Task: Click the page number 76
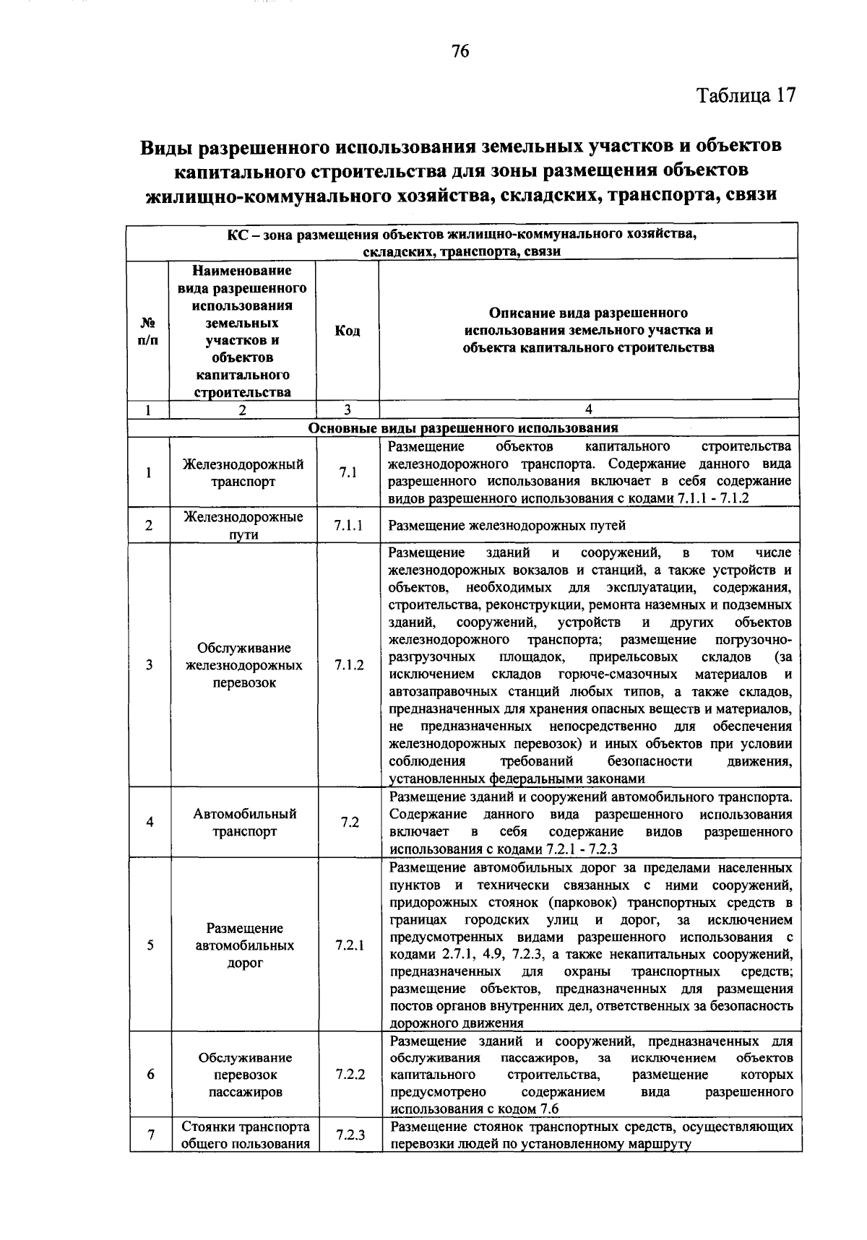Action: (x=460, y=51)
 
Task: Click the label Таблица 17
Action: (x=746, y=96)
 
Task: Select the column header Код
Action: (x=347, y=331)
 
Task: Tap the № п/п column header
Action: (x=148, y=331)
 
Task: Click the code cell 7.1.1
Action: (x=348, y=526)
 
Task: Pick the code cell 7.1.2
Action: (x=348, y=665)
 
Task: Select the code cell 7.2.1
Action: (x=350, y=945)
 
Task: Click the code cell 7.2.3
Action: (x=350, y=1135)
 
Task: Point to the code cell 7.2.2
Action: (x=350, y=1074)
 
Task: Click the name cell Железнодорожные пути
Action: (x=243, y=526)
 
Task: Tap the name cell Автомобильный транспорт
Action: (x=244, y=822)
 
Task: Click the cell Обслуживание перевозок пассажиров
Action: (x=245, y=1074)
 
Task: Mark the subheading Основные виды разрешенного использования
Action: (x=463, y=428)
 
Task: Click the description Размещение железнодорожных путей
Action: (x=506, y=526)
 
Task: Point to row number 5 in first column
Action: (x=150, y=945)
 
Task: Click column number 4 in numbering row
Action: (x=588, y=409)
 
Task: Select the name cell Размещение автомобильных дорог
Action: (x=244, y=945)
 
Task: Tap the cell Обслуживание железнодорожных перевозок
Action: (x=244, y=665)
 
